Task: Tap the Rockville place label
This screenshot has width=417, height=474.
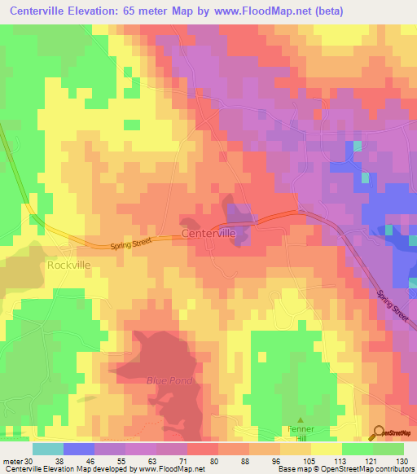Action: tap(68, 265)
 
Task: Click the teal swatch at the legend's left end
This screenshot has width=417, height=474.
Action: tap(47, 449)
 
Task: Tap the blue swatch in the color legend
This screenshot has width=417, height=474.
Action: tap(78, 449)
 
